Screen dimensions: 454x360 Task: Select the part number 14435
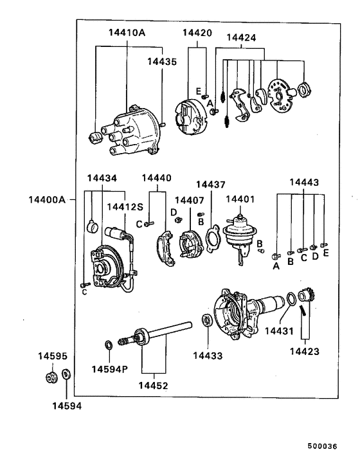click(160, 62)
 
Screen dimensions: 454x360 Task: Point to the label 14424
click(241, 38)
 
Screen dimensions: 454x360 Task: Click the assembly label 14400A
click(47, 199)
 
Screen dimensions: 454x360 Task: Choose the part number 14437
click(211, 185)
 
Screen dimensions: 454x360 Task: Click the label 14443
click(304, 183)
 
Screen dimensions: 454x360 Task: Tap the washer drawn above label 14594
click(67, 375)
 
